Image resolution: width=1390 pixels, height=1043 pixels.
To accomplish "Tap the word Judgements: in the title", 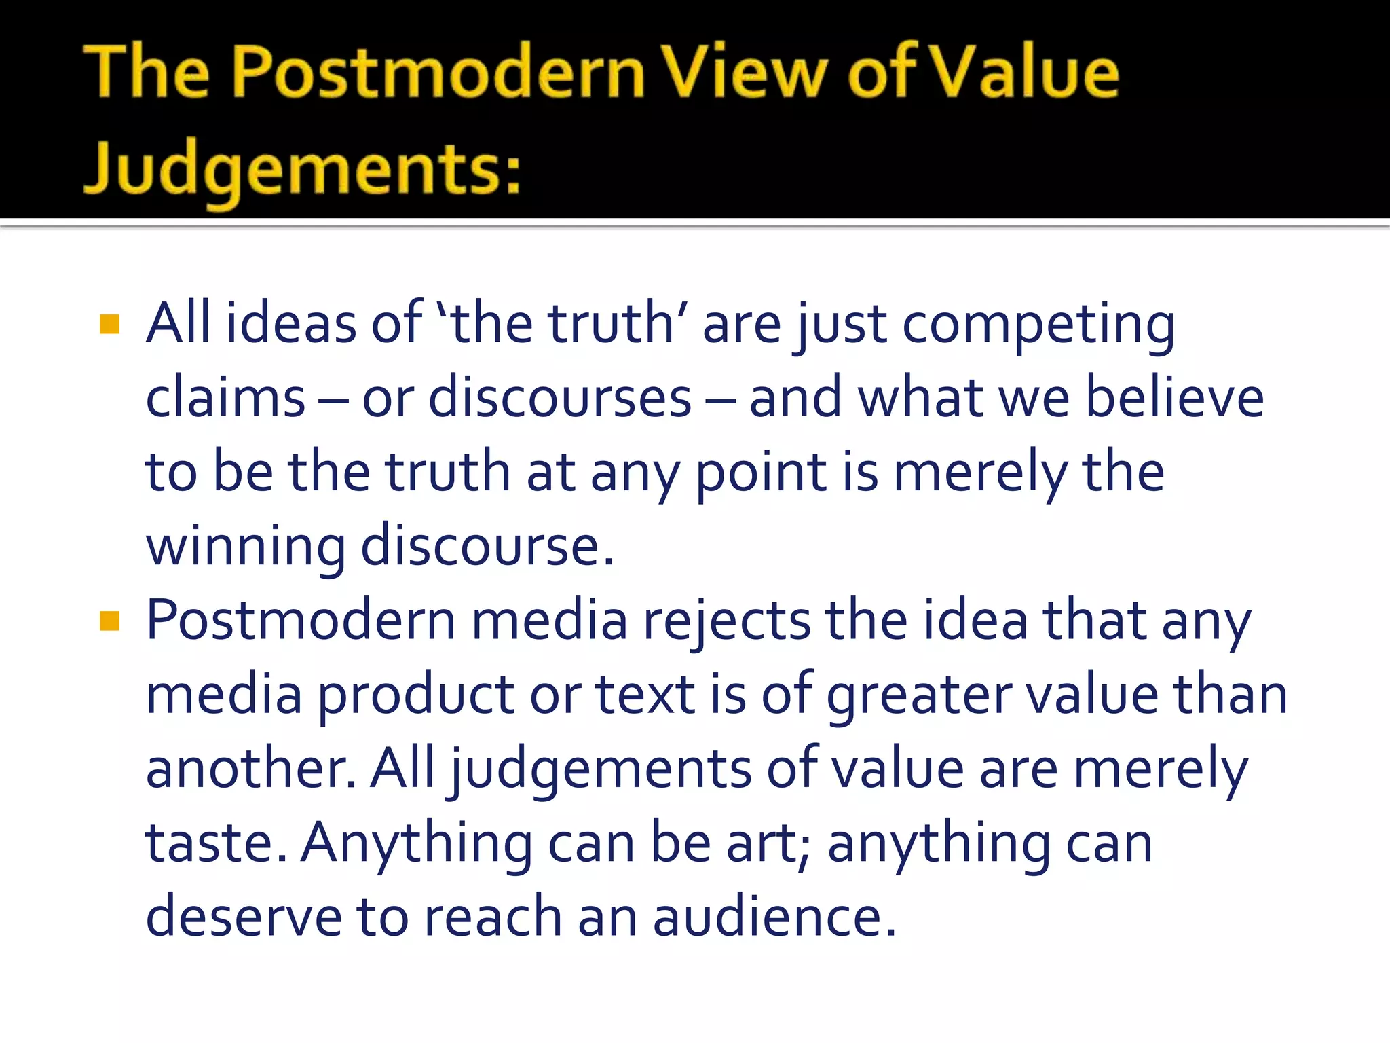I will click(x=302, y=168).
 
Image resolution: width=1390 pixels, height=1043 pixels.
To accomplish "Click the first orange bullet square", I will click(x=109, y=324).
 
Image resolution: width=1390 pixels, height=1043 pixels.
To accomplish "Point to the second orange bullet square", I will click(x=109, y=621).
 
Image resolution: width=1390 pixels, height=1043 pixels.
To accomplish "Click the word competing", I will click(x=1038, y=325).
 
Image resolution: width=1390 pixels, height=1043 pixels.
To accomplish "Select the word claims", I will click(x=225, y=398).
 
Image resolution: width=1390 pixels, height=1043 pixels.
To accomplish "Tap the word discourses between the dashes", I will click(x=560, y=398).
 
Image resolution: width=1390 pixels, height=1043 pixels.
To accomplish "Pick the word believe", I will click(x=1174, y=398).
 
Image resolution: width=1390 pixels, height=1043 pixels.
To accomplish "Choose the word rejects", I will click(x=726, y=621).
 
